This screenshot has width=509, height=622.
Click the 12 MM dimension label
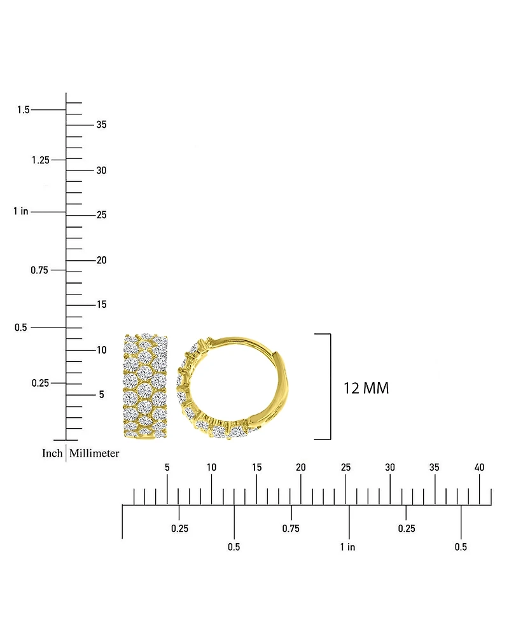point(366,388)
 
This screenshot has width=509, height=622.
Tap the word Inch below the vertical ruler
point(52,453)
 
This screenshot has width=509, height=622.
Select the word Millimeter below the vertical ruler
point(94,453)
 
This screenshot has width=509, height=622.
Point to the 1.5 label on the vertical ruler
point(24,109)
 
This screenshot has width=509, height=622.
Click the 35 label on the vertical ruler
point(102,125)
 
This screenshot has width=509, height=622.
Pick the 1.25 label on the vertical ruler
point(41,160)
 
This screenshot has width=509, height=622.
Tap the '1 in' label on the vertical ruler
point(20,211)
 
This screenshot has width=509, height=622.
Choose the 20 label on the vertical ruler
point(102,260)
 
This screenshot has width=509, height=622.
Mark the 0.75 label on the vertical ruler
point(39,270)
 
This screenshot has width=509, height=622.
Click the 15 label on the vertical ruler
point(102,304)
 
